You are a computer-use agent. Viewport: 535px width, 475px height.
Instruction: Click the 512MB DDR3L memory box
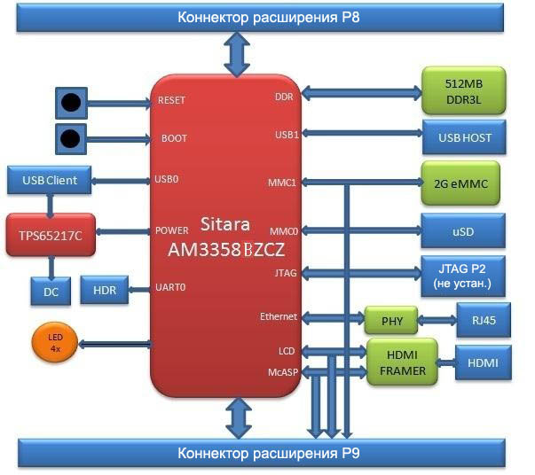pyautogui.click(x=462, y=90)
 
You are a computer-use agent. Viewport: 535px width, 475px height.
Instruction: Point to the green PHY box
pyautogui.click(x=390, y=318)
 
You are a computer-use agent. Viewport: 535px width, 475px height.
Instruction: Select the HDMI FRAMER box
pyautogui.click(x=404, y=362)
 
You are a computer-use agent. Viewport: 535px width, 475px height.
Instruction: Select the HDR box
pyautogui.click(x=105, y=289)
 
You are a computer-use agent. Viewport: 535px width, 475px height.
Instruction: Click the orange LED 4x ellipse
pyautogui.click(x=54, y=342)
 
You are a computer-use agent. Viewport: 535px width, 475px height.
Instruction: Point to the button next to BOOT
pyautogui.click(x=71, y=138)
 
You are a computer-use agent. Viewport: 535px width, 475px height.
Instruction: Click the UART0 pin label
pyautogui.click(x=169, y=287)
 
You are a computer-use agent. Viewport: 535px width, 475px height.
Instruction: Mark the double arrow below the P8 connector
pyautogui.click(x=237, y=54)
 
